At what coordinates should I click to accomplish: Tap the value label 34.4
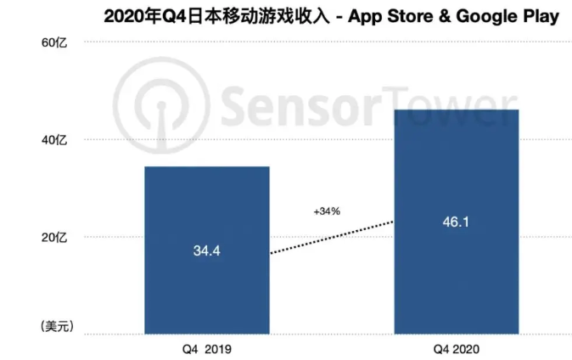[206, 251]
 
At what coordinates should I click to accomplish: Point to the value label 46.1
[457, 223]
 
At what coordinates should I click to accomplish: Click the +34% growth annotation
[326, 211]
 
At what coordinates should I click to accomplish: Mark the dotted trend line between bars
[331, 237]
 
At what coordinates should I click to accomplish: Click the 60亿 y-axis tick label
[54, 42]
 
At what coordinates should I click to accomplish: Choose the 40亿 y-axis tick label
[54, 140]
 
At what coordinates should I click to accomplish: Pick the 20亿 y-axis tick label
[54, 238]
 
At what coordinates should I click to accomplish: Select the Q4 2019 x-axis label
[206, 348]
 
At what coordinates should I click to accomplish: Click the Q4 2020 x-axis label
[457, 348]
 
